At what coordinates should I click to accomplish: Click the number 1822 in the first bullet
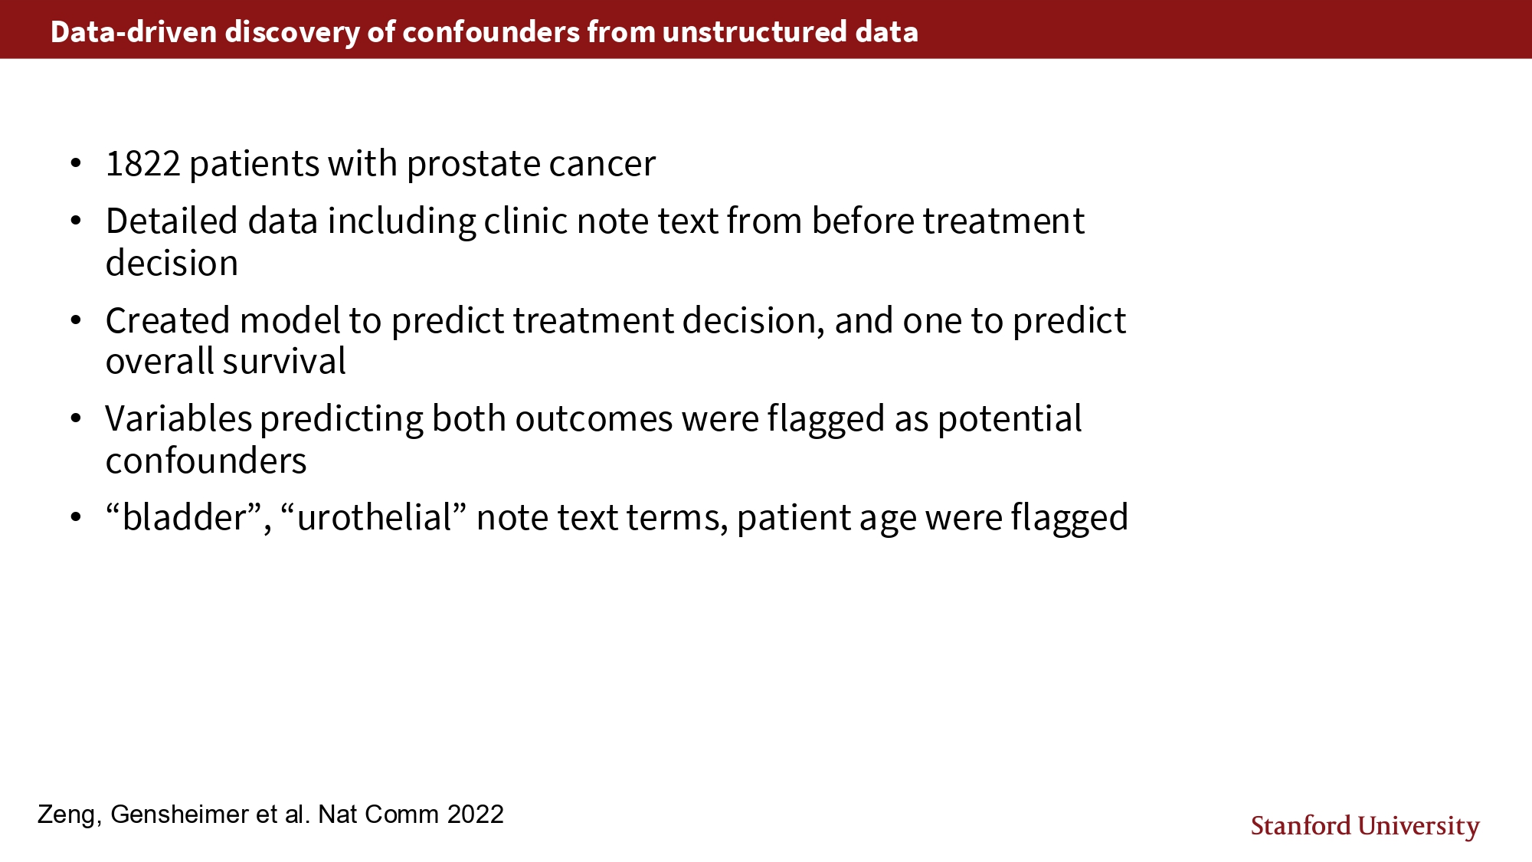[143, 164]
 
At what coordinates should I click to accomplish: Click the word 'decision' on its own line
[172, 263]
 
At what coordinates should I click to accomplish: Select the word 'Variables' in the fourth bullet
[179, 418]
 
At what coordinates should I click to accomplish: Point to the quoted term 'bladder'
[185, 517]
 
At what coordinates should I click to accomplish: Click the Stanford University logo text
[1365, 827]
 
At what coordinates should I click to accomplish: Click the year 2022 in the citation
[476, 814]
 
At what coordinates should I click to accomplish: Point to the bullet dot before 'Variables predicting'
[75, 419]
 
